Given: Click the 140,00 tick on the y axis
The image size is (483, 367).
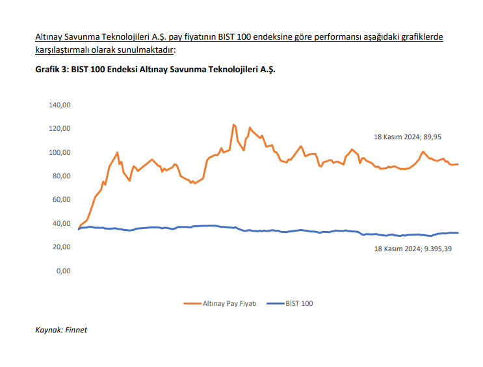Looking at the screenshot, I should tap(60, 105).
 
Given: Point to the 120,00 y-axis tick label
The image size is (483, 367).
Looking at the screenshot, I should tap(60, 128).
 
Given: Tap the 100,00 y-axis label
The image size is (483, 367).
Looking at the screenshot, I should tap(60, 152).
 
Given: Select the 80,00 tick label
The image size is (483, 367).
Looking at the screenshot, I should tap(62, 176).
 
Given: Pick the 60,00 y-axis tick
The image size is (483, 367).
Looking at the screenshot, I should tap(62, 199).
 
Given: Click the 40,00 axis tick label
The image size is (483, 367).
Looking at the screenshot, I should tap(62, 223).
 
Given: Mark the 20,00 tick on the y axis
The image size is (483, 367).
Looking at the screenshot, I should tap(62, 247).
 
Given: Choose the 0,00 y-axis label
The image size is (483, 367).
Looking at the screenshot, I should tap(64, 271).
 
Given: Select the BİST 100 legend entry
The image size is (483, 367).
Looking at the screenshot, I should tap(299, 303).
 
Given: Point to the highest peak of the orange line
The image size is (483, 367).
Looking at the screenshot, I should tap(233, 124).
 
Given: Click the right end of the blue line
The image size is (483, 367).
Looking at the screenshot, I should tap(458, 232).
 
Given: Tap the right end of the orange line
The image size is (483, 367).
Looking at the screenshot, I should tap(458, 164).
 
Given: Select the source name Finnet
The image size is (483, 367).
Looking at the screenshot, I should tap(77, 330).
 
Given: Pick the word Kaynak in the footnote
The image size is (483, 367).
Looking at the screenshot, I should tap(48, 330).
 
